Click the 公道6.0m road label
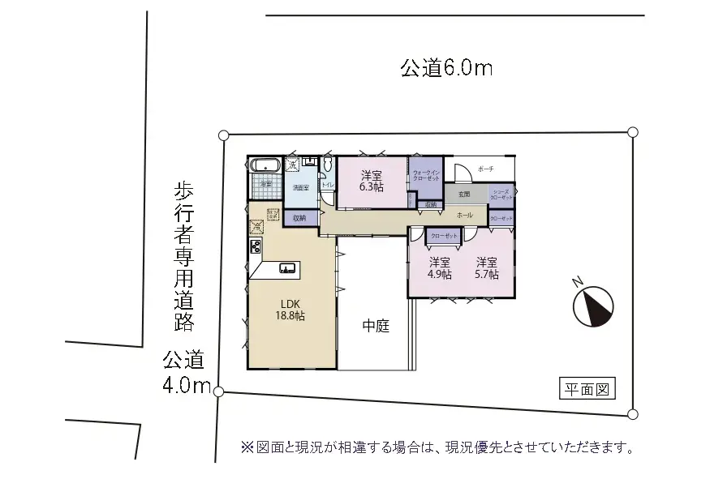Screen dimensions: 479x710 coord(446,68)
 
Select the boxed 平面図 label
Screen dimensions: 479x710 coord(587,390)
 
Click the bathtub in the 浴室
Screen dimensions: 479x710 coord(265,165)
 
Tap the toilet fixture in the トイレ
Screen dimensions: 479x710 coord(327,165)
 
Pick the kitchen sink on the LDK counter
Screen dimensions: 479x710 coord(287,268)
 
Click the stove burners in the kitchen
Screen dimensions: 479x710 coord(256,246)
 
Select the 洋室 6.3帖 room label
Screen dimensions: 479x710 coord(372,181)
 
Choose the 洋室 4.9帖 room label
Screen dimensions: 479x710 coord(441,268)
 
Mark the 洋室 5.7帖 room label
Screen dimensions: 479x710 coord(487,268)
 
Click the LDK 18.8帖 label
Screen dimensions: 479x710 coord(291,310)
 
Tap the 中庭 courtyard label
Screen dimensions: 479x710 coord(376,327)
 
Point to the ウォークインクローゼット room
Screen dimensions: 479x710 coord(426,175)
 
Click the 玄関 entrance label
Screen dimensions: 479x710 coord(464,195)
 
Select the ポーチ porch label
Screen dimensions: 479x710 coord(486,169)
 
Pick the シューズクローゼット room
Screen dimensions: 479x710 coord(501,195)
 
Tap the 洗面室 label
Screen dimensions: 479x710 coord(301,187)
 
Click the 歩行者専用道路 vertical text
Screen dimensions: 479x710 coord(184,256)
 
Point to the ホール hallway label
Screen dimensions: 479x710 coord(465,216)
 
